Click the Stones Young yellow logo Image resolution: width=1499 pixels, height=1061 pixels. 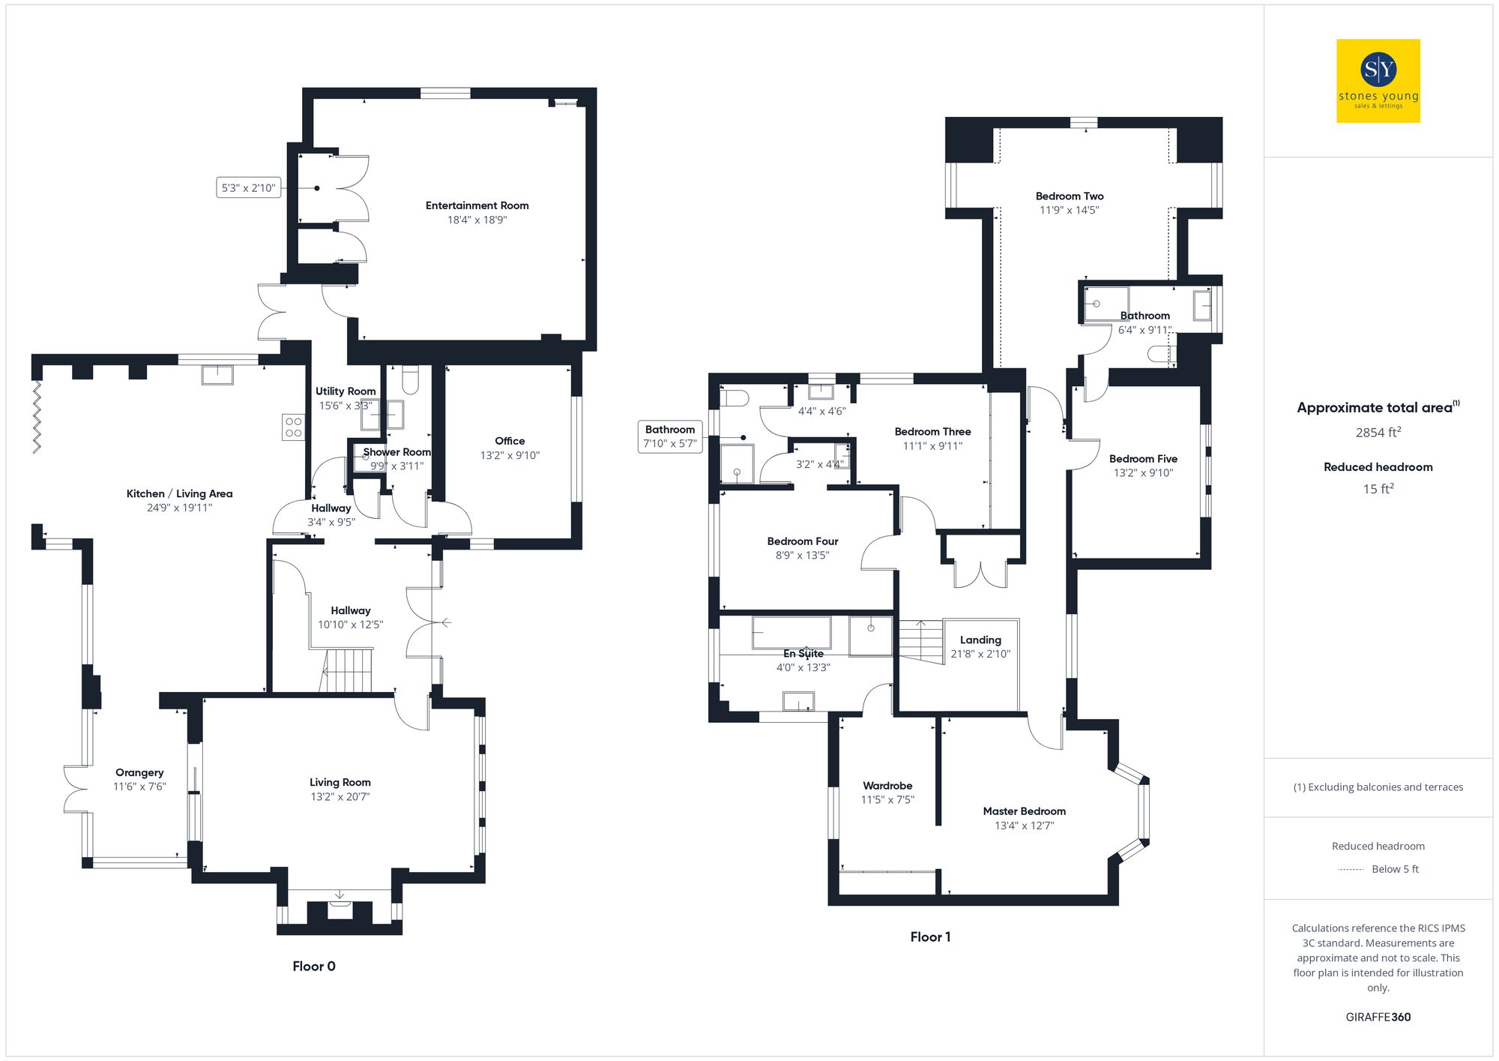pos(1378,81)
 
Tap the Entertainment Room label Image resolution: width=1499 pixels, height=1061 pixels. pos(477,205)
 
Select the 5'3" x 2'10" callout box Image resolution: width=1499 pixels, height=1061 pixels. pos(248,187)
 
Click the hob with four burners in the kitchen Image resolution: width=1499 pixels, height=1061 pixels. pos(293,427)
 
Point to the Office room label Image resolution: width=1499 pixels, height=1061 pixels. pos(510,441)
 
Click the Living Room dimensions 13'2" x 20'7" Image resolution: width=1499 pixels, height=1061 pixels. pos(340,796)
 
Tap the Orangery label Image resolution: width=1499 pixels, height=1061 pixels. pos(139,772)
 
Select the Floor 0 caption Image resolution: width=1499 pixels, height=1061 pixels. pos(314,966)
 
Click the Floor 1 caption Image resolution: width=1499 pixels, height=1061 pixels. pos(930,937)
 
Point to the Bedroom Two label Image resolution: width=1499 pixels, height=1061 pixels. pos(1070,196)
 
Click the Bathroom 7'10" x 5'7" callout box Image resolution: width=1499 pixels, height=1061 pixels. pos(670,436)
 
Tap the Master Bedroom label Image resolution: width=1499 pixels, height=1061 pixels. pos(1024,811)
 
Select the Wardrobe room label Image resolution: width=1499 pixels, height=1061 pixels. pos(887,786)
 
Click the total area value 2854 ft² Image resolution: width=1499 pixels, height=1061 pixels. pos(1378,433)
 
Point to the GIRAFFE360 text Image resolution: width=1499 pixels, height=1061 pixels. pos(1378,1017)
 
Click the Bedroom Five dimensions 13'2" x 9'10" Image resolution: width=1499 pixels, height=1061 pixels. pos(1143,472)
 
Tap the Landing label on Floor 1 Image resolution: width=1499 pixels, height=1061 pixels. pos(980,640)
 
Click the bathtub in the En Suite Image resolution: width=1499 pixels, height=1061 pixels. pos(791,633)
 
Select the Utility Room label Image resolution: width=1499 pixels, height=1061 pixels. pos(346,391)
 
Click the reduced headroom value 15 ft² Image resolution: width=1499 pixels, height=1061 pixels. pos(1378,489)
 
